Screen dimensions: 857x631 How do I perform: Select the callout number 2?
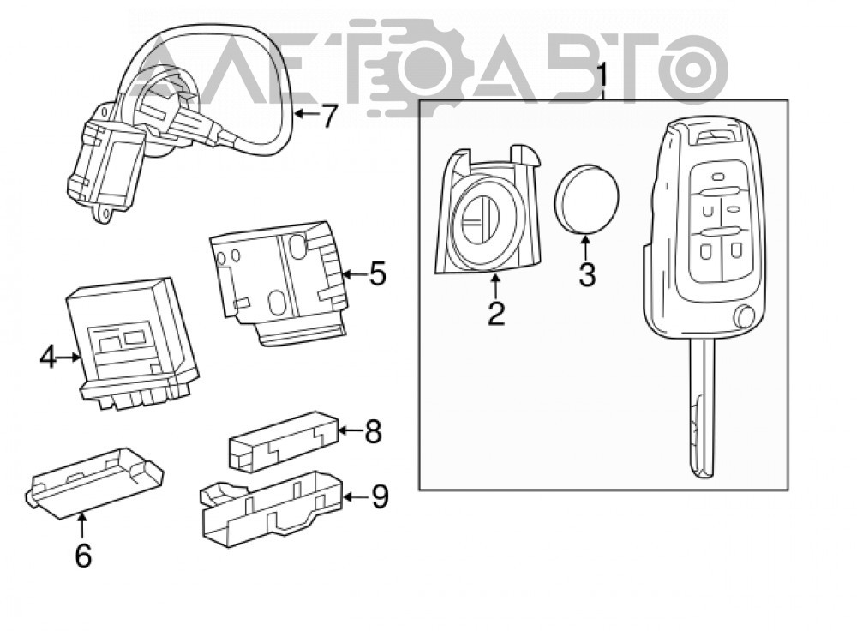(496, 314)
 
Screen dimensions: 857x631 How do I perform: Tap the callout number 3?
(587, 275)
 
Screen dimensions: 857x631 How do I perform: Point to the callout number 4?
(48, 357)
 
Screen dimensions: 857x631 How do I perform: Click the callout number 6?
(83, 556)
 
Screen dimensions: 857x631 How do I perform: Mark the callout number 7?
(329, 116)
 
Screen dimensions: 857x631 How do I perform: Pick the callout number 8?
(373, 431)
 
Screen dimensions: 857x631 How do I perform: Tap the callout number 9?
(379, 496)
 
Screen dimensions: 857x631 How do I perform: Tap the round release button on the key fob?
(745, 316)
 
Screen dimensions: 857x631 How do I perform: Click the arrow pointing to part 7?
(306, 114)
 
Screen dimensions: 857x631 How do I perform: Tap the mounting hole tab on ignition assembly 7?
(104, 213)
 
